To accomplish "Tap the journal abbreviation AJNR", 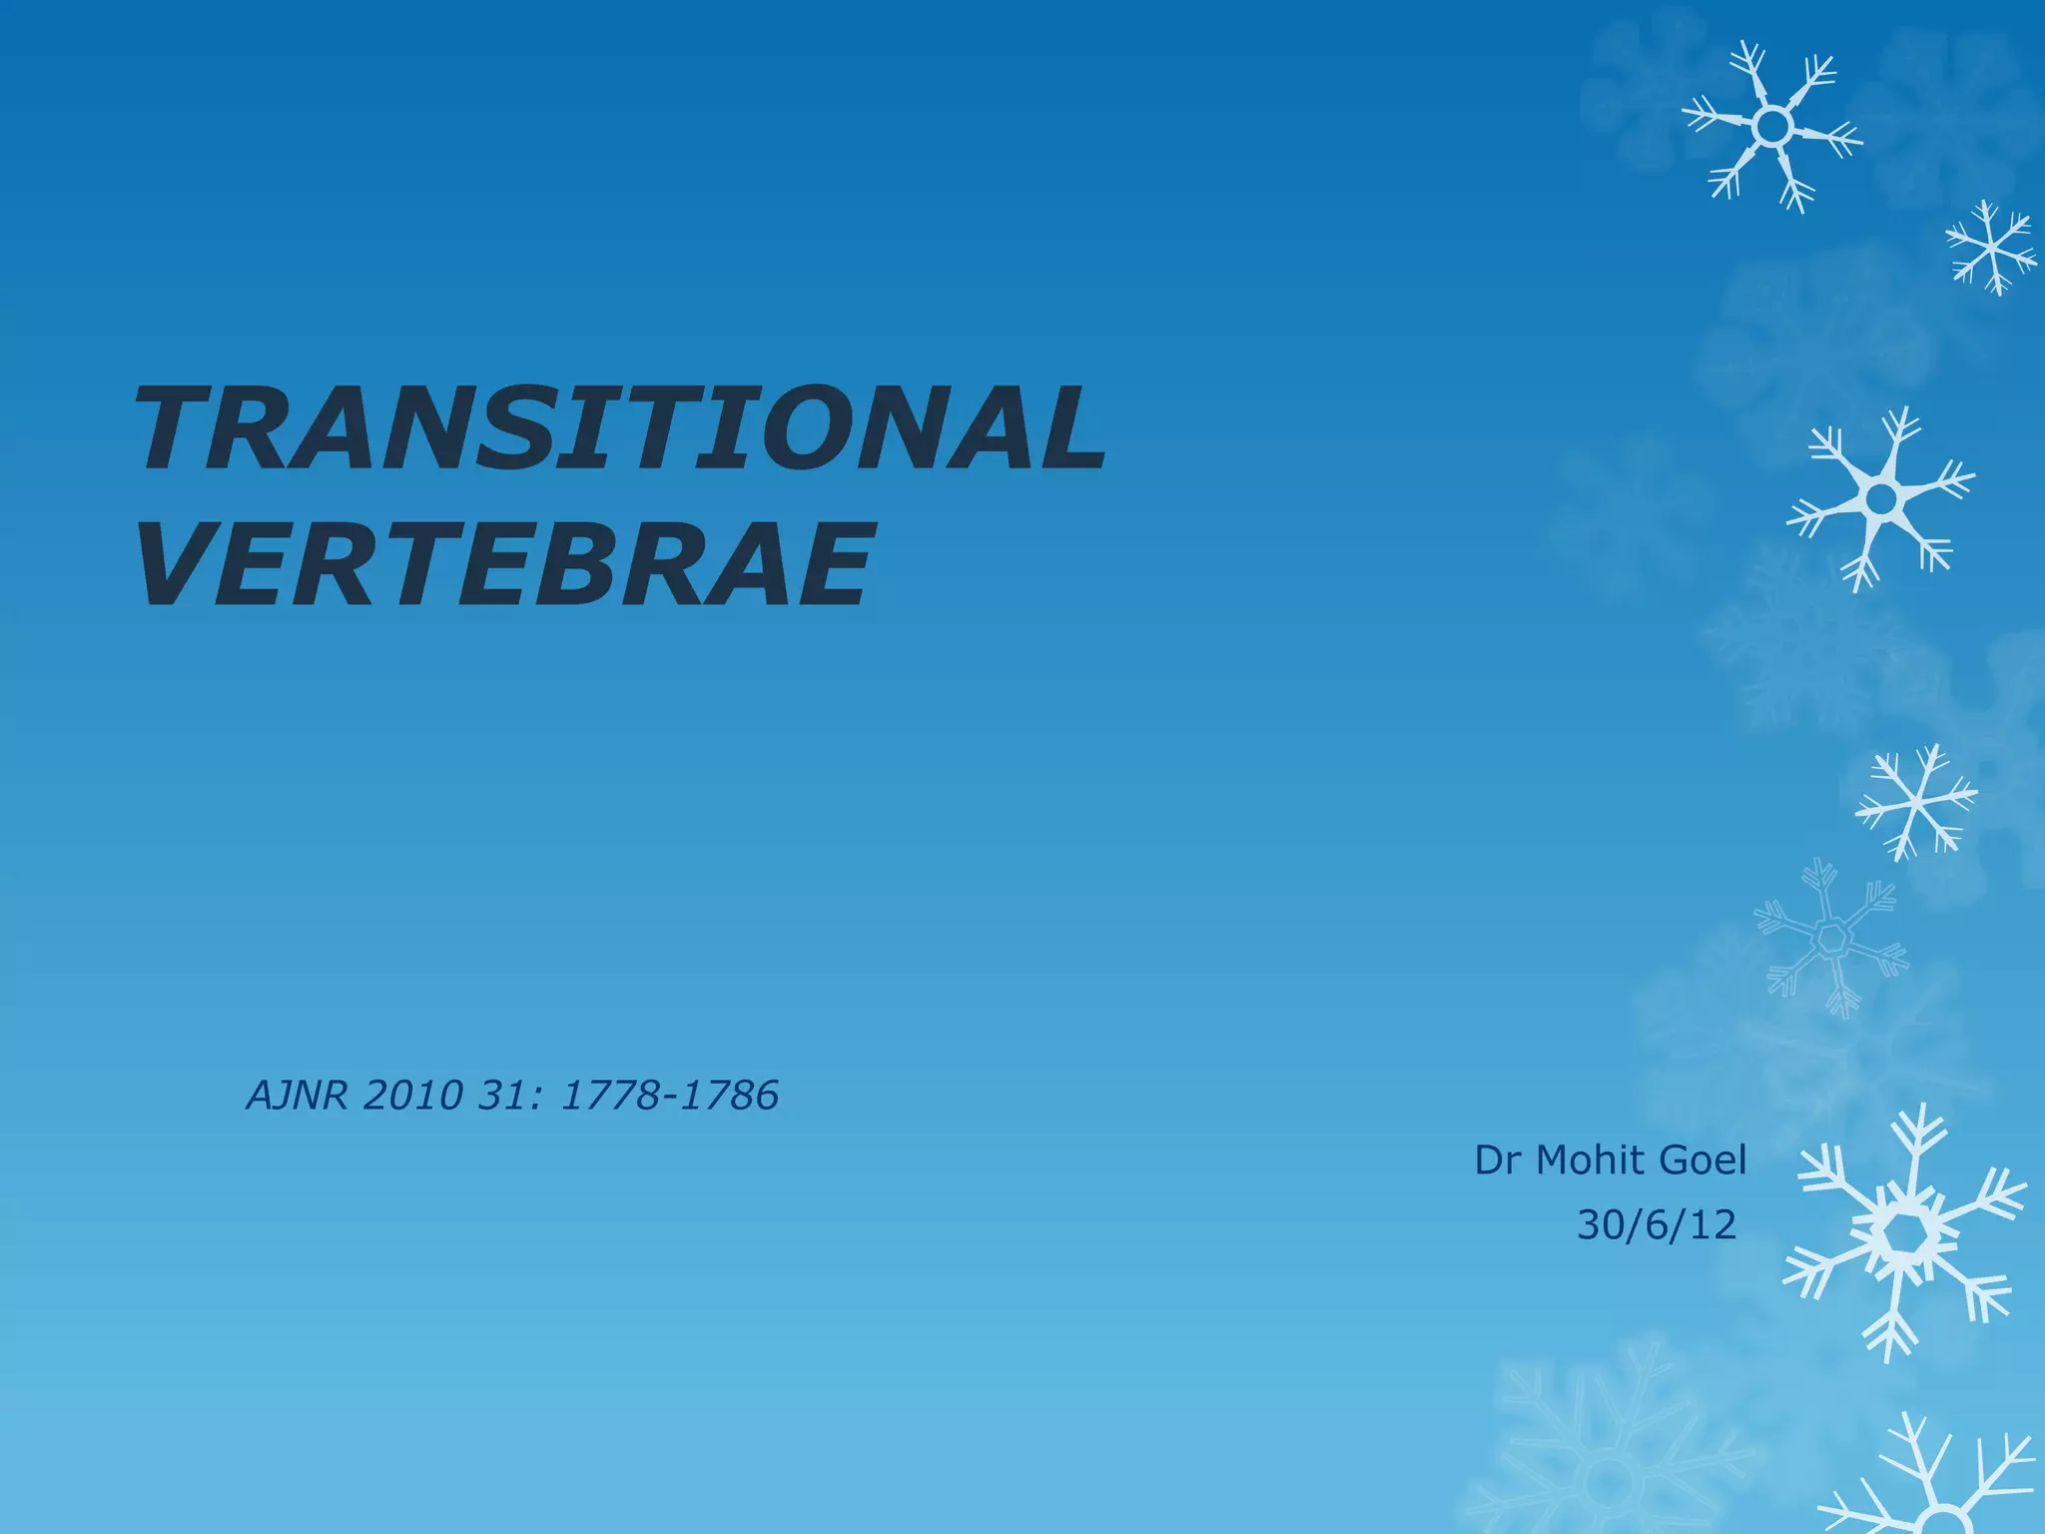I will [x=297, y=1096].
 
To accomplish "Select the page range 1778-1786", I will [x=669, y=1096].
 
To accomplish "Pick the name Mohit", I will [x=1592, y=1160].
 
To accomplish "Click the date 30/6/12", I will [x=1657, y=1224].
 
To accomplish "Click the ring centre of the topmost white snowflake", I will [x=1771, y=127].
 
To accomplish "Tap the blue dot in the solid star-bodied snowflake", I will [x=1881, y=496].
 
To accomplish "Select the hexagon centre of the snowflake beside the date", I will [x=1904, y=1236].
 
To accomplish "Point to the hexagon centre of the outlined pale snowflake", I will [x=1831, y=938].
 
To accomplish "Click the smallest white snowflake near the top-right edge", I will [x=1991, y=247].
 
